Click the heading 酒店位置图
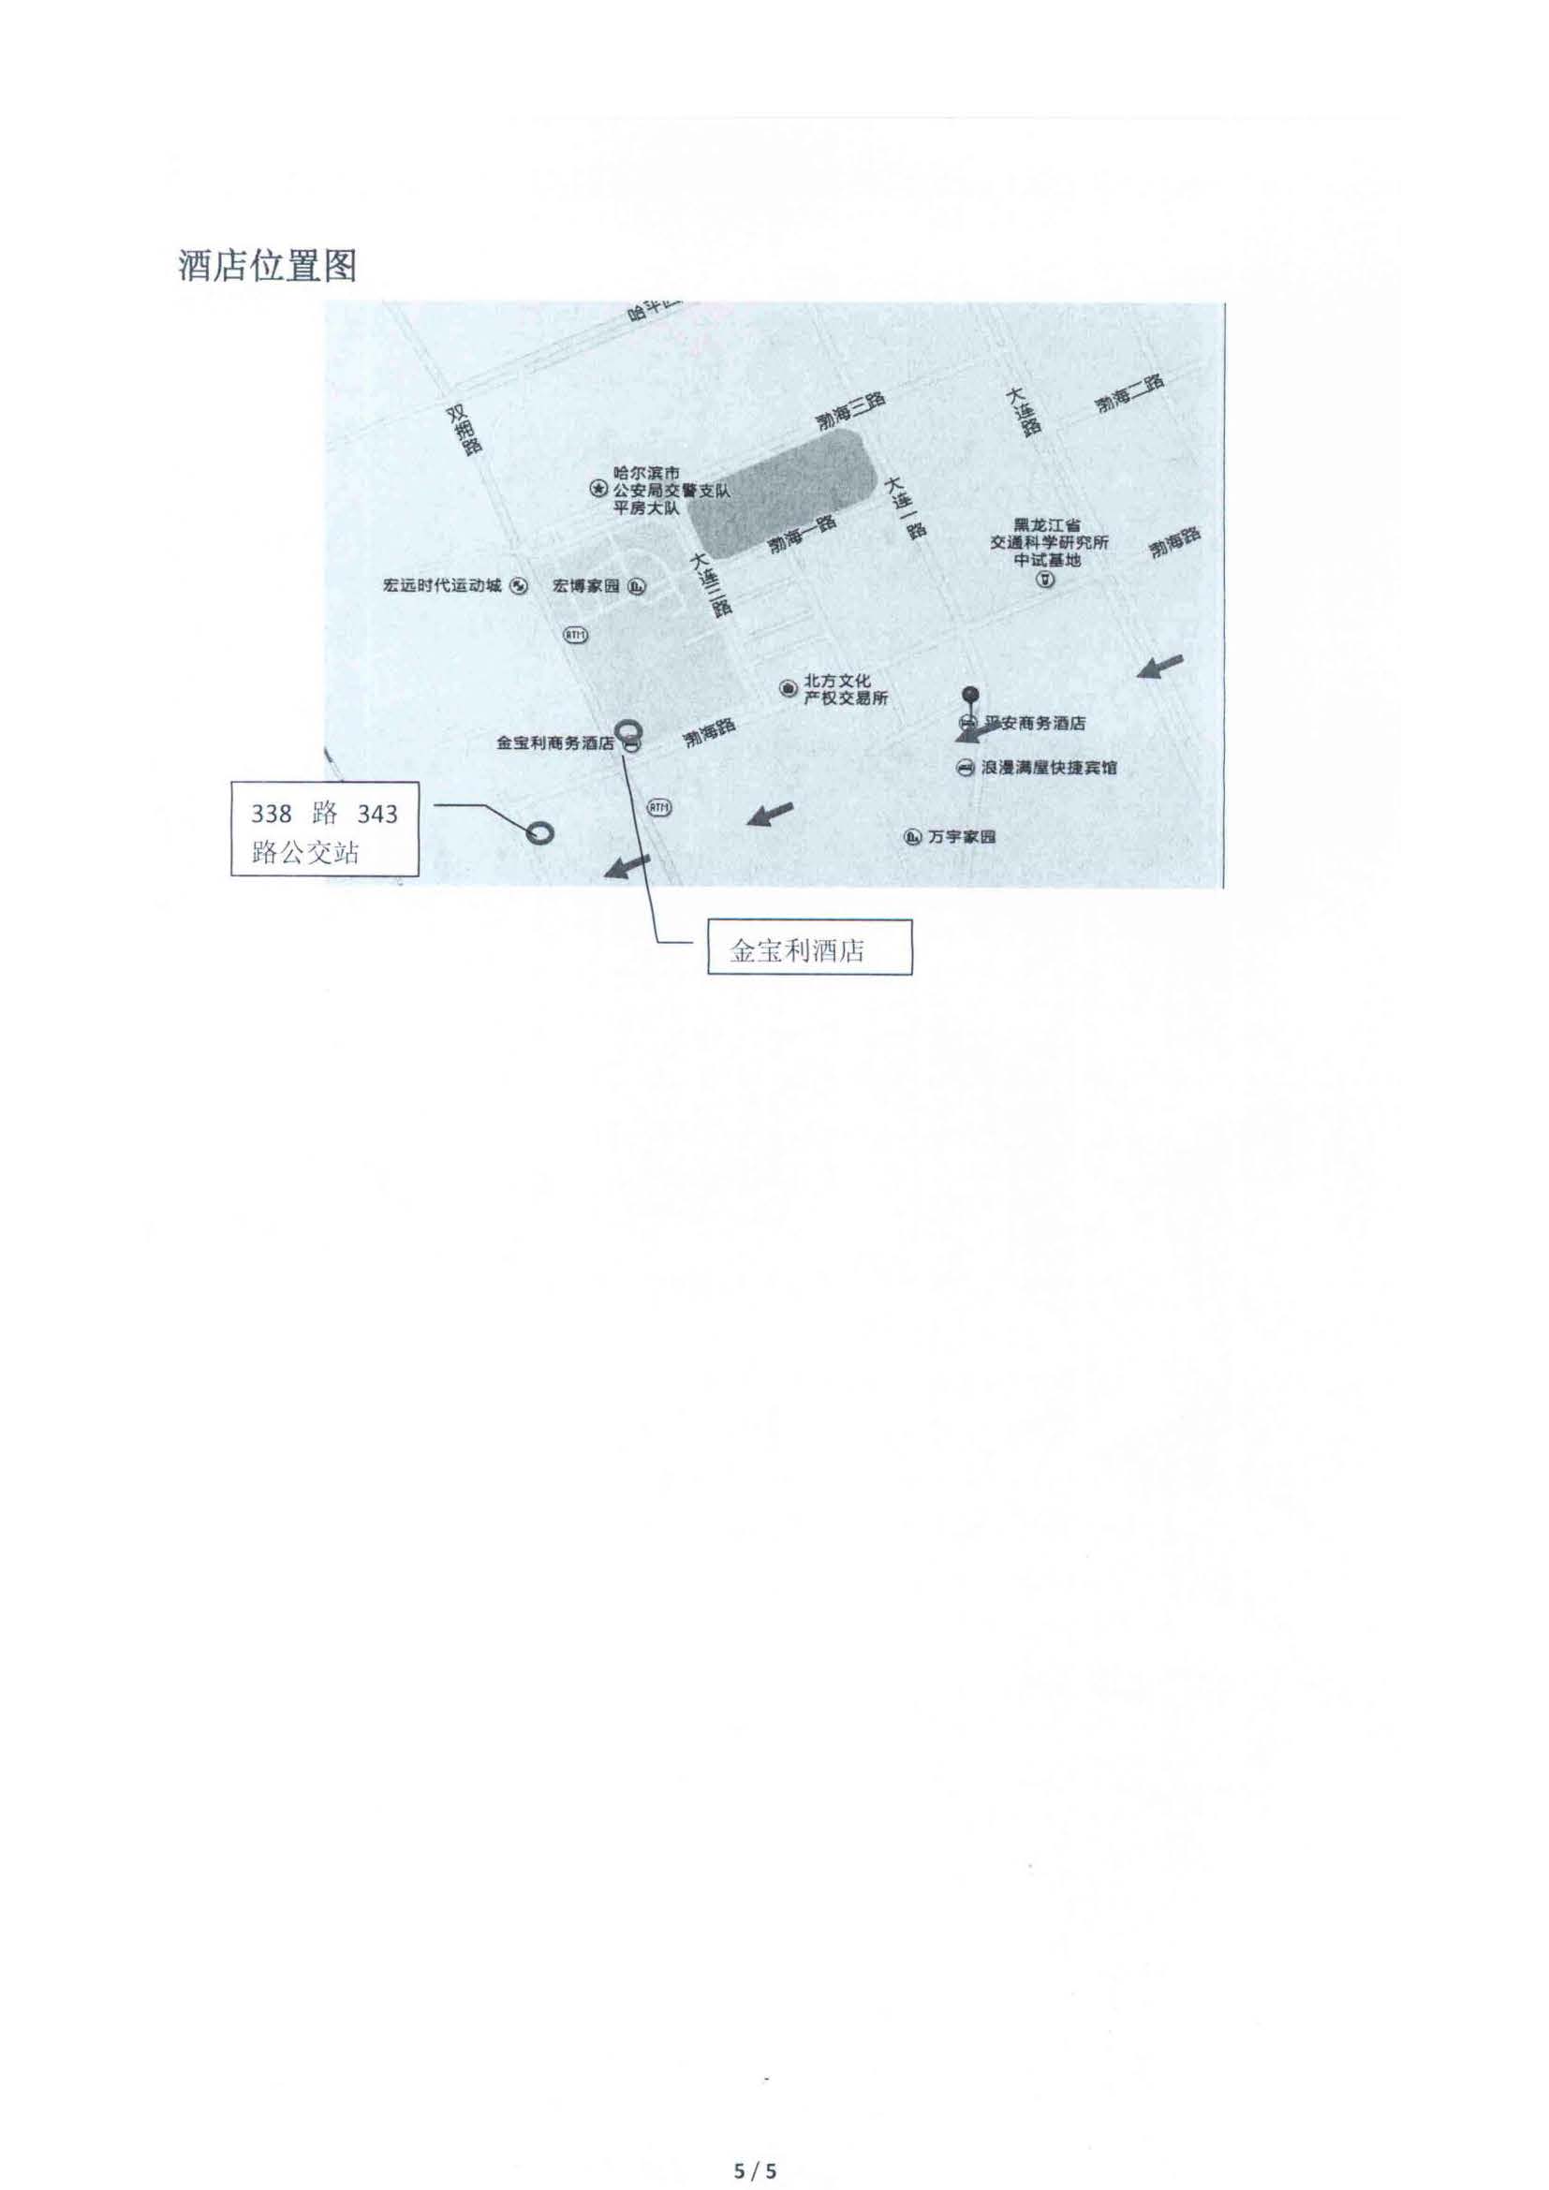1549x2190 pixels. click(267, 266)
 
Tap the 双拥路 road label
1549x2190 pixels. click(465, 430)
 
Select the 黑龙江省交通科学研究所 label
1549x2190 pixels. click(1048, 543)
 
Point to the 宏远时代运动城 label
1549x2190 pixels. click(442, 585)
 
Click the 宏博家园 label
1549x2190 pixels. click(586, 585)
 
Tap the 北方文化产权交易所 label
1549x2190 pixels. click(845, 691)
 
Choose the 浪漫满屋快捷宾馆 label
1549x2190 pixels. click(1048, 767)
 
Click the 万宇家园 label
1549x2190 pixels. click(962, 836)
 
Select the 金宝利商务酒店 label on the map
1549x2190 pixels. click(556, 742)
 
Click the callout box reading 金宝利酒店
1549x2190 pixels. click(809, 947)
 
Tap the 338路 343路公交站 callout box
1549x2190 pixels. click(324, 828)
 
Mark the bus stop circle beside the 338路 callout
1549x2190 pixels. click(538, 832)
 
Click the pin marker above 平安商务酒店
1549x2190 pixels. click(970, 694)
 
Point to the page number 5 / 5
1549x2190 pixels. click(756, 2144)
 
